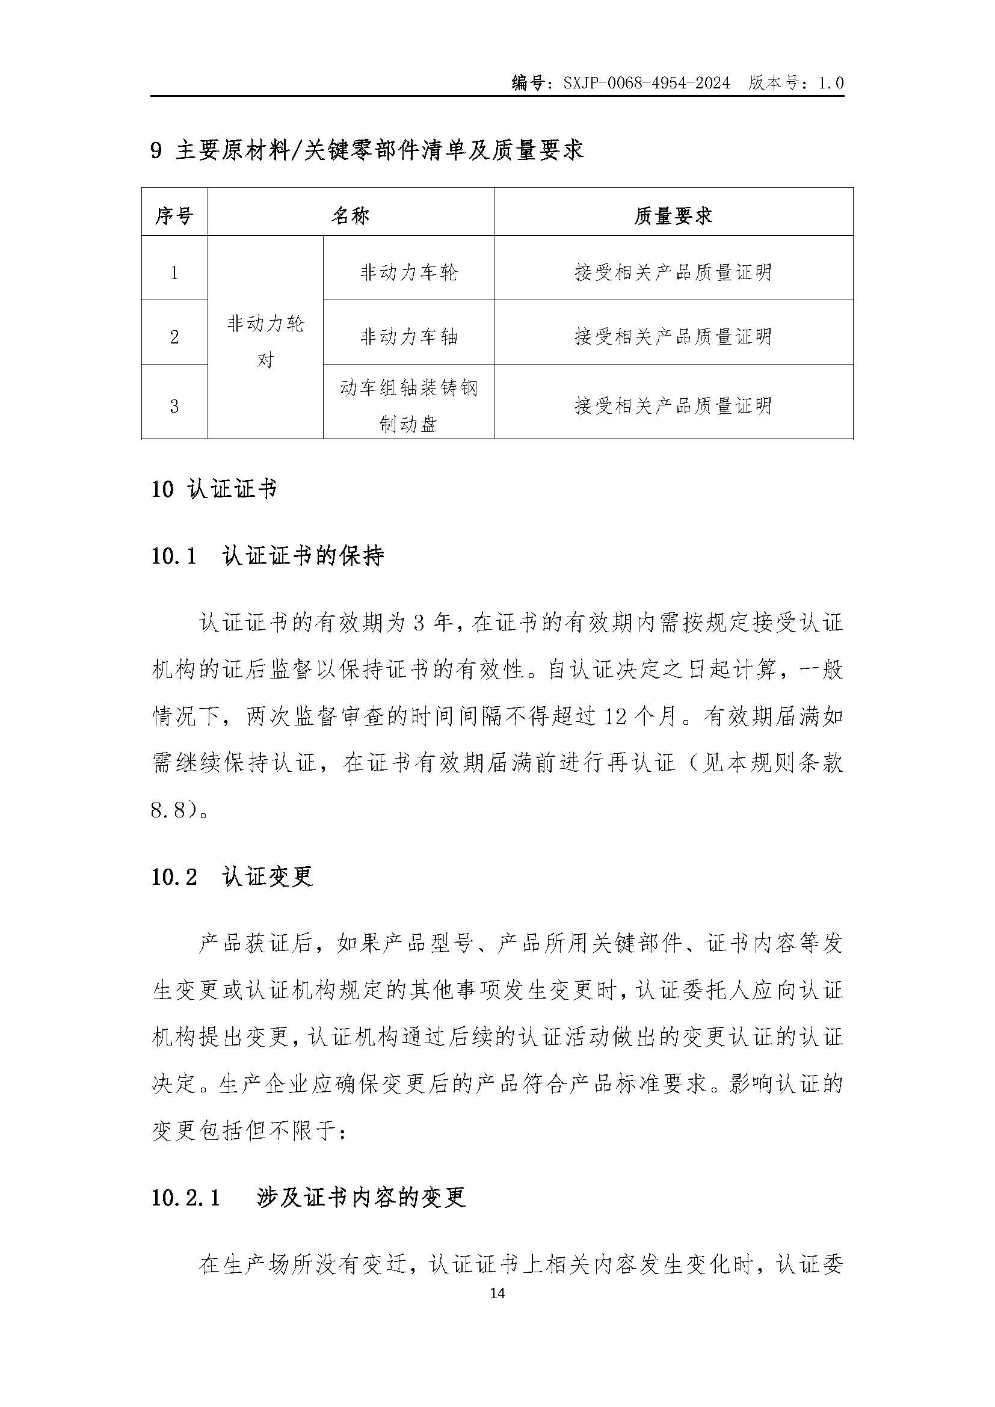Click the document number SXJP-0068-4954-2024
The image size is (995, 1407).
coord(646,83)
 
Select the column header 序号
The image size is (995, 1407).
coord(174,215)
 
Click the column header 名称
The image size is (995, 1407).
coord(351,215)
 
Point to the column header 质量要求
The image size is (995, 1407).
coord(673,215)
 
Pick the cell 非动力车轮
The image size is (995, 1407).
coord(408,272)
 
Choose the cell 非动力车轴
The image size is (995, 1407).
coord(408,336)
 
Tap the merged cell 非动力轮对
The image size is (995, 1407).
coord(265,340)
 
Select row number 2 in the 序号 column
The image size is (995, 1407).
coord(174,336)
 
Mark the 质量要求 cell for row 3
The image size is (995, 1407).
coord(673,405)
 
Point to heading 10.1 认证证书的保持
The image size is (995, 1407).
coord(267,556)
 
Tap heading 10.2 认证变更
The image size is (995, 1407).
coord(232,876)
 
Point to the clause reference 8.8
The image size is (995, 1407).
coord(167,810)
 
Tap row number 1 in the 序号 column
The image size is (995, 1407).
coord(174,272)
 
